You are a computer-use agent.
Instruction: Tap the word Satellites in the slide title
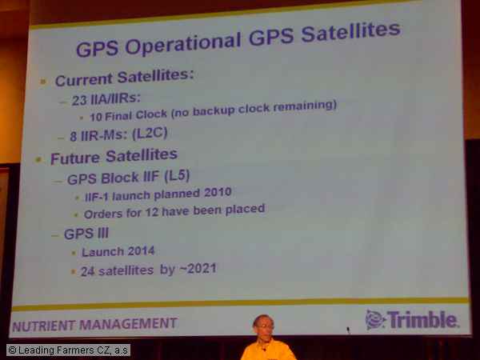(x=351, y=31)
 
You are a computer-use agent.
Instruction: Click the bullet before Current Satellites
(x=43, y=82)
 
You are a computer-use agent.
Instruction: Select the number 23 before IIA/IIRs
(x=79, y=100)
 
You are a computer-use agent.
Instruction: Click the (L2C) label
(x=150, y=134)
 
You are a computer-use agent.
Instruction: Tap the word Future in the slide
(x=75, y=158)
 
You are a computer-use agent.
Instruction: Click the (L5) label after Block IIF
(x=177, y=176)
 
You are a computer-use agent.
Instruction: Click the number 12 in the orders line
(x=151, y=212)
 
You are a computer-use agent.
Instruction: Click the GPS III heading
(x=86, y=234)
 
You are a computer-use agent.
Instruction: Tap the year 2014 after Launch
(x=141, y=251)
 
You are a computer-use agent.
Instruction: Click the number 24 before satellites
(x=87, y=271)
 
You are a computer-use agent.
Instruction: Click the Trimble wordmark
(x=422, y=319)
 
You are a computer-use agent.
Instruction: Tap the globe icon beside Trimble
(x=375, y=319)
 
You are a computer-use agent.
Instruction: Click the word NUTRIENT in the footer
(x=43, y=326)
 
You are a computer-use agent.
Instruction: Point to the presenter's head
(x=263, y=326)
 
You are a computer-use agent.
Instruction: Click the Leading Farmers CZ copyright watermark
(x=68, y=350)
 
